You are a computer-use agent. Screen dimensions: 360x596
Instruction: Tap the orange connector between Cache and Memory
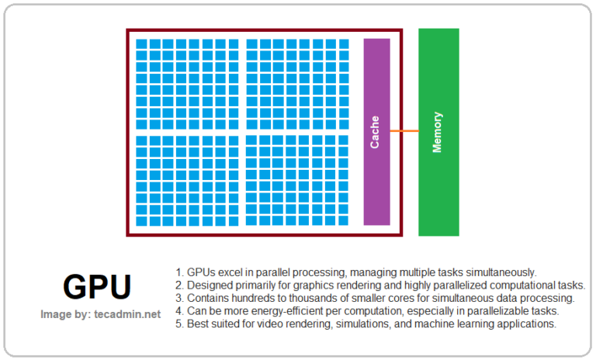[x=404, y=131]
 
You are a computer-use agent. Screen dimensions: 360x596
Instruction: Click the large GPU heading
[x=97, y=288]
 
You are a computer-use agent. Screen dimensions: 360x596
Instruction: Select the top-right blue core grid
[x=298, y=84]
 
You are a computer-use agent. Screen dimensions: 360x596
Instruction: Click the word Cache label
[x=375, y=132]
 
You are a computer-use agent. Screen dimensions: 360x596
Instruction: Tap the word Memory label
[x=438, y=132]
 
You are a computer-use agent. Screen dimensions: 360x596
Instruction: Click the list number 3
[x=178, y=299]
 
